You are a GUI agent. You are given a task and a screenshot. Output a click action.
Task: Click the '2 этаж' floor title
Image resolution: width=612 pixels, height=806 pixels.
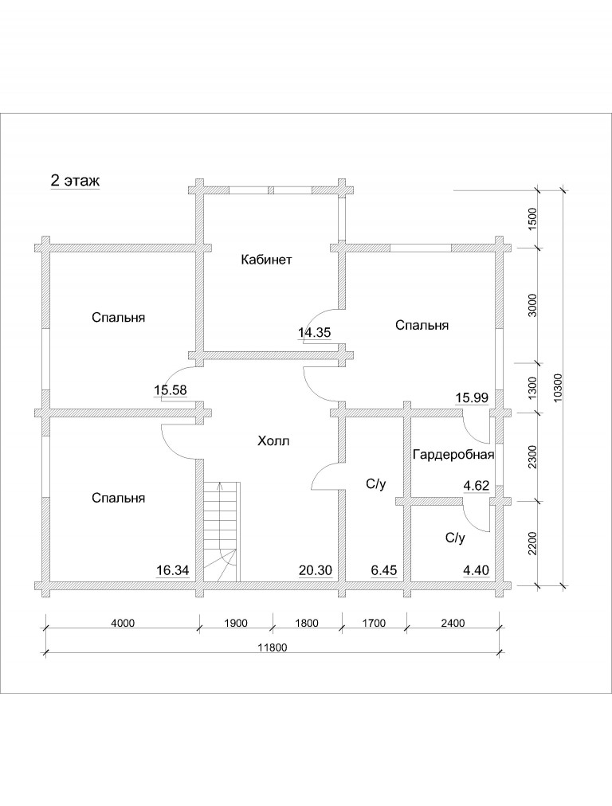(75, 181)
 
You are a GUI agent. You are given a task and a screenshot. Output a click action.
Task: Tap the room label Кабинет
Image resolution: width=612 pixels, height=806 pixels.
(266, 260)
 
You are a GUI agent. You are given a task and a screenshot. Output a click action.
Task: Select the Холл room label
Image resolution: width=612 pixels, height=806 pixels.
(273, 441)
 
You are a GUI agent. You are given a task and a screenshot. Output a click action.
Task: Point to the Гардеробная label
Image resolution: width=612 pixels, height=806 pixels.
(453, 455)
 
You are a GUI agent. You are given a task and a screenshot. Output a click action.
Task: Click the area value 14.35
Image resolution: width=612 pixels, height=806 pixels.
(314, 333)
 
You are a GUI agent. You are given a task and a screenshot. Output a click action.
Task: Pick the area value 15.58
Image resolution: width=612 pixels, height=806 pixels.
(171, 390)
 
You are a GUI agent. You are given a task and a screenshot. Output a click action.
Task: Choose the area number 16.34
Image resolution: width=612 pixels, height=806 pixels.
(173, 570)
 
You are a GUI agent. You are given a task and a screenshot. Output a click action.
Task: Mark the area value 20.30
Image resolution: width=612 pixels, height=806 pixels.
(316, 570)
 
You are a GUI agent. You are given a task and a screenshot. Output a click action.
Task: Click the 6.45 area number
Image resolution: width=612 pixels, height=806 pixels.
(383, 570)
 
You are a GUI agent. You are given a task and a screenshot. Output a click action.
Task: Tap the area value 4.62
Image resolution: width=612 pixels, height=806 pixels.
(477, 486)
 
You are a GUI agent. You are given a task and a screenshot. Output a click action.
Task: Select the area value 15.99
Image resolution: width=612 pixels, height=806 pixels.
(472, 397)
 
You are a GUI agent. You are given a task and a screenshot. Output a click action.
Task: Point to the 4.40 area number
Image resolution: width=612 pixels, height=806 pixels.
(477, 570)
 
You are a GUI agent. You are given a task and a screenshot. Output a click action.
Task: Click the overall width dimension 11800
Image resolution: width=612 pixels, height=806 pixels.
(272, 648)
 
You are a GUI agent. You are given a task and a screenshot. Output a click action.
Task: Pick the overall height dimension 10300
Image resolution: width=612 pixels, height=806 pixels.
(559, 387)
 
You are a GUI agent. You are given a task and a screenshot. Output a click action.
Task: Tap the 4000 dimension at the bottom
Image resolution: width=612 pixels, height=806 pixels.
(123, 623)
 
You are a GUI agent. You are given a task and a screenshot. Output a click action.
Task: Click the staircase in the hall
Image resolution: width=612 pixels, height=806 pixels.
(222, 531)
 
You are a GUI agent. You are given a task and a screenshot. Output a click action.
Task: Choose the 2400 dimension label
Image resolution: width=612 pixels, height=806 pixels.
(453, 623)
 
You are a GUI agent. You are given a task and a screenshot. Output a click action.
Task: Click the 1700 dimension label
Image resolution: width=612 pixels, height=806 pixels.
(374, 623)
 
